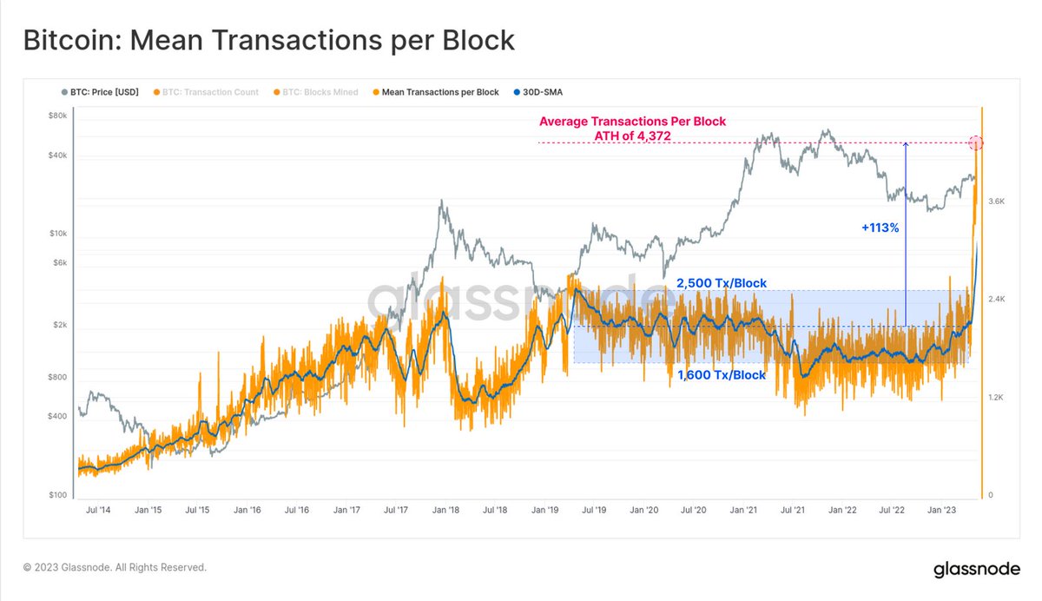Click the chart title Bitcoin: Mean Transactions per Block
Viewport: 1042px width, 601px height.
pos(268,41)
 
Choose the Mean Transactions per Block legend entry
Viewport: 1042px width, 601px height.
pos(434,92)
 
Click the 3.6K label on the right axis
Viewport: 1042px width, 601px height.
pos(996,201)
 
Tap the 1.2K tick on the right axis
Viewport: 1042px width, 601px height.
pos(996,398)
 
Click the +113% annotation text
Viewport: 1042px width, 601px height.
pos(880,227)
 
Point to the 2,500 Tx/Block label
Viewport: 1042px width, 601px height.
pos(721,283)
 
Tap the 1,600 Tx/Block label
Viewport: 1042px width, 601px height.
pos(721,375)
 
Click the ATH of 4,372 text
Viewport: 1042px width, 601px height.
pos(632,135)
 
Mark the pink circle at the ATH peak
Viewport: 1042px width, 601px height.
pos(976,142)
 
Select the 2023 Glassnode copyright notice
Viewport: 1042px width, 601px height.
pos(115,567)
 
